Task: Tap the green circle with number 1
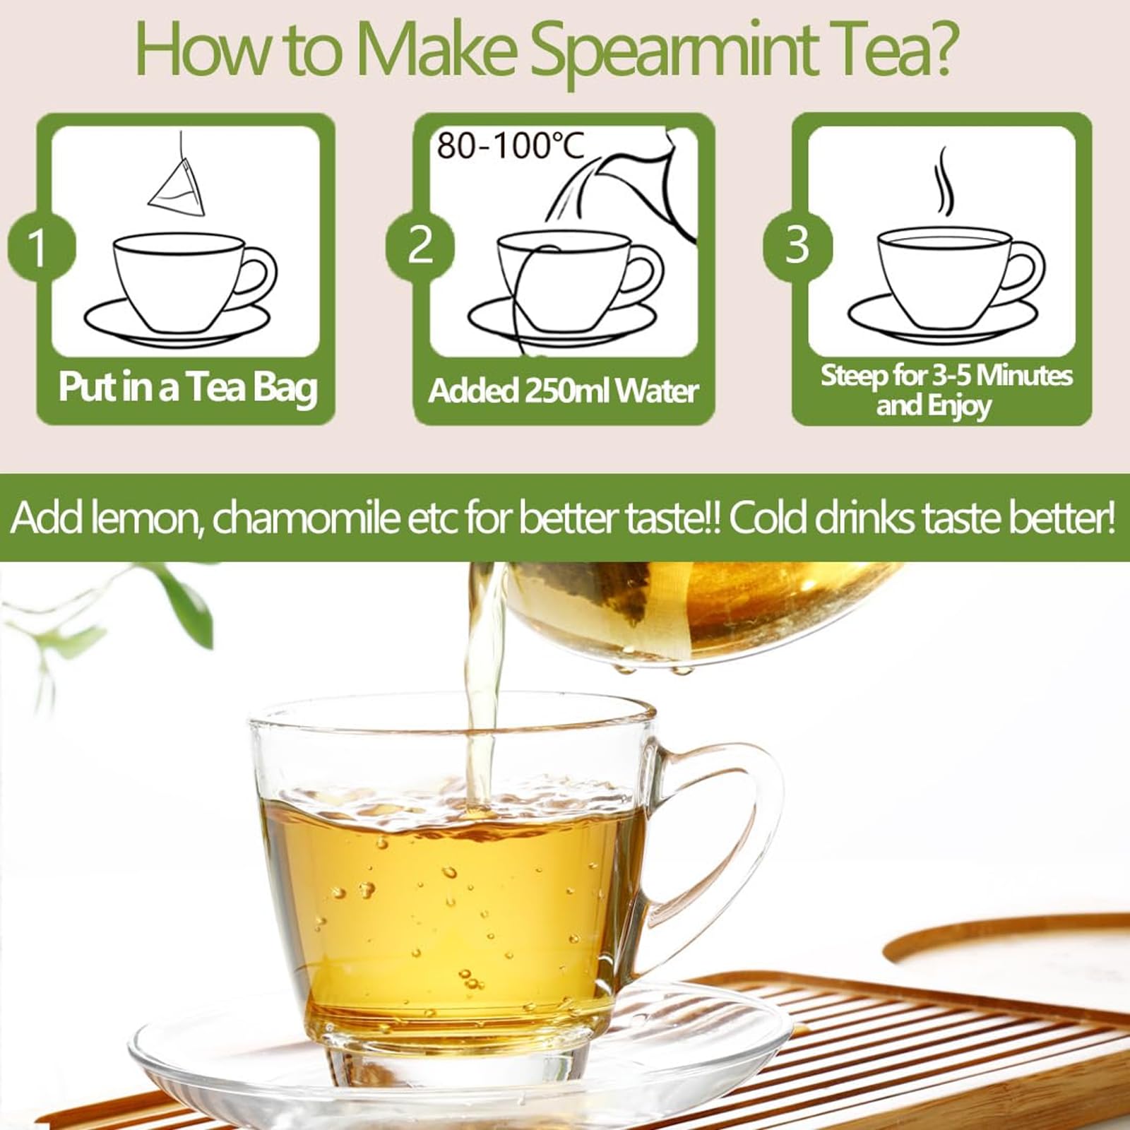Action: coord(40,247)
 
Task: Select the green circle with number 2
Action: coord(420,246)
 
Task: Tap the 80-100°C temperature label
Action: coord(510,146)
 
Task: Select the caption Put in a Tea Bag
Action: coord(188,388)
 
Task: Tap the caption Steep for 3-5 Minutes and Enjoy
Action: coord(946,391)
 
